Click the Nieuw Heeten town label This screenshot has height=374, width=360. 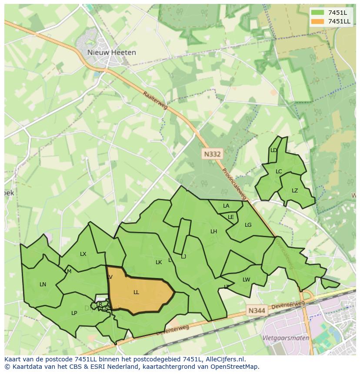point(111,53)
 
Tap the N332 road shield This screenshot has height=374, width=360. point(212,154)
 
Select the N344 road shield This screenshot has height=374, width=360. point(256,311)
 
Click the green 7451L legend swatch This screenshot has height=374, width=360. point(318,13)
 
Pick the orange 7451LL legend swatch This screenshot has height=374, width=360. point(318,21)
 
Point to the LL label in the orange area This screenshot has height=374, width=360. point(136,292)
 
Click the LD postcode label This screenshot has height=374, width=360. point(273,150)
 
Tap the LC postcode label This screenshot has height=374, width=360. point(279,172)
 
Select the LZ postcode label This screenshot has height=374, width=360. point(295,191)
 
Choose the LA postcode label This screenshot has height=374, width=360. point(226,206)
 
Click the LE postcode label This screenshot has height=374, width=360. point(231,217)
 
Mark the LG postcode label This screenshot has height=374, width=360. point(248,225)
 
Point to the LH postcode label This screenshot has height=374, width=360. point(213,232)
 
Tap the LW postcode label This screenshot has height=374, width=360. point(247,280)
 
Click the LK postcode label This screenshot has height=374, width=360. point(159,262)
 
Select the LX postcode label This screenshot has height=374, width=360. point(83,254)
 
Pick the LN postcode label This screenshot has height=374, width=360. point(43,285)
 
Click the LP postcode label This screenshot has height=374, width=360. point(74,313)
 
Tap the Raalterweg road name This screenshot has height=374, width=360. point(155,101)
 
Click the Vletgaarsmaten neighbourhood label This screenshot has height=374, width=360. point(286,338)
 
